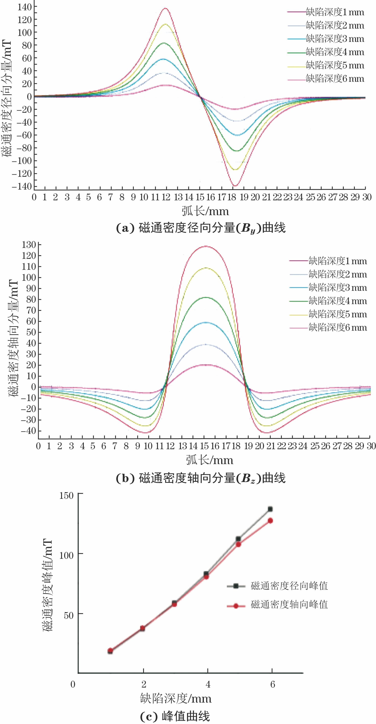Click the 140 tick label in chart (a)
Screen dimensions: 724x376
(x=25, y=7)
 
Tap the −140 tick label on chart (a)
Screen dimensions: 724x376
(x=22, y=186)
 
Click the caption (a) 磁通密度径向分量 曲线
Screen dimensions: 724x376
(x=201, y=228)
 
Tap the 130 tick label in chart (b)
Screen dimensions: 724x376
(x=29, y=245)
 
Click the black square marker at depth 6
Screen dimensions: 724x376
(x=270, y=509)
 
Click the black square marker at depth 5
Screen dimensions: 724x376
(x=238, y=539)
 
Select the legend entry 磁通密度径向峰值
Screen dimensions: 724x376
(x=289, y=586)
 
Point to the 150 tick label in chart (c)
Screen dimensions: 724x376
(x=66, y=495)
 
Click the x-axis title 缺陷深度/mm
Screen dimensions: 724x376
(x=176, y=699)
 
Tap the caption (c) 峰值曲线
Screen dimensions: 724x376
(x=175, y=716)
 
